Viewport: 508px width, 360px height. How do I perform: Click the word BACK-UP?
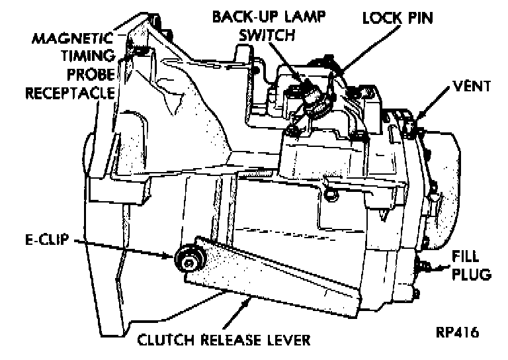(x=240, y=16)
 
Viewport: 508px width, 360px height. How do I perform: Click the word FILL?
(x=471, y=255)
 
